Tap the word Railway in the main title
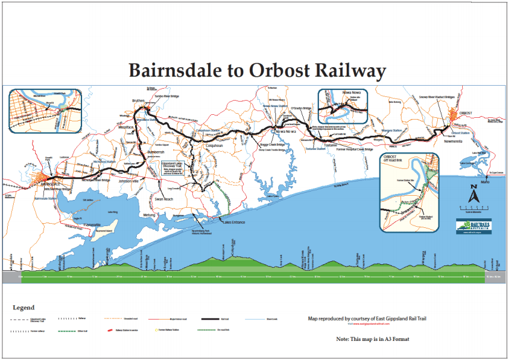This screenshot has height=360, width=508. coord(350,71)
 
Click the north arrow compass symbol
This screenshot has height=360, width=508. coord(474,194)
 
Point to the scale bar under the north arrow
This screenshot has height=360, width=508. coord(474,208)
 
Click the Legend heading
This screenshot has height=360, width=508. coord(24,308)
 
